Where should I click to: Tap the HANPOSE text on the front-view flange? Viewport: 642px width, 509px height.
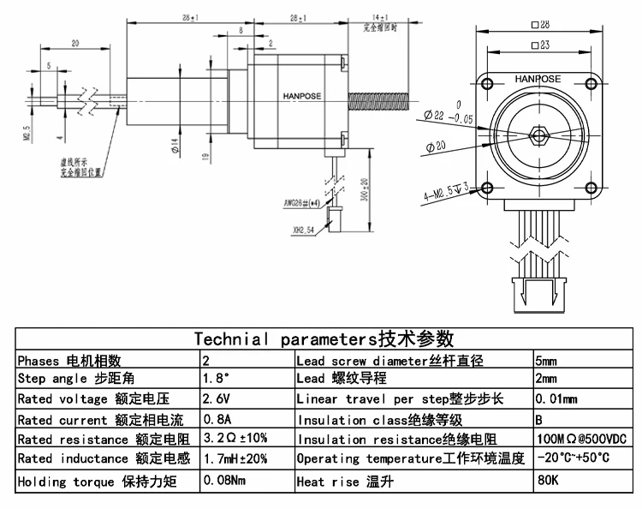538,79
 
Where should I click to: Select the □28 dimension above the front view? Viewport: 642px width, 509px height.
539,27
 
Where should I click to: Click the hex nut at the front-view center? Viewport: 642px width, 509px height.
538,135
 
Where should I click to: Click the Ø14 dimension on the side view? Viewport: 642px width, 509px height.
175,147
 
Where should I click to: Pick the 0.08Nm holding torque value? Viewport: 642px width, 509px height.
223,481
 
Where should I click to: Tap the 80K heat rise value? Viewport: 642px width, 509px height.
547,481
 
